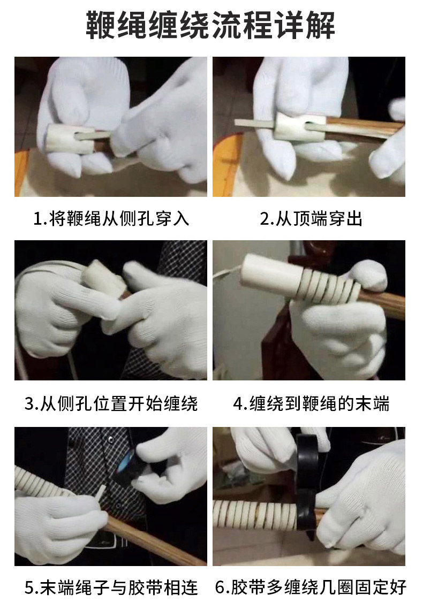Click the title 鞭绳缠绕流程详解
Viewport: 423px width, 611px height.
pos(210,25)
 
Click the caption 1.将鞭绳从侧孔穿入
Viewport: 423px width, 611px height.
pos(111,219)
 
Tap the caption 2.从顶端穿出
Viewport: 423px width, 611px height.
pos(311,219)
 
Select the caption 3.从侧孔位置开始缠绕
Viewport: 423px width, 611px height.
pos(111,404)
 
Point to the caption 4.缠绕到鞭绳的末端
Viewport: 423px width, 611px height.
pos(311,404)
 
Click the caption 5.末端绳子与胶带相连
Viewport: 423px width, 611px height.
pos(111,587)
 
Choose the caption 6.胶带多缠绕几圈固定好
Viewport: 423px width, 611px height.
pos(311,587)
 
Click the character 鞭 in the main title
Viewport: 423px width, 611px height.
pos(101,25)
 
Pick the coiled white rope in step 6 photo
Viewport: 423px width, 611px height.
pos(256,515)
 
